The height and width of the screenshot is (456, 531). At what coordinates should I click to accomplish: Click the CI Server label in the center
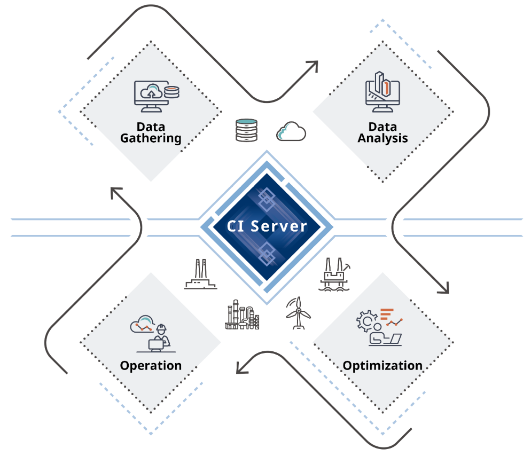point(267,225)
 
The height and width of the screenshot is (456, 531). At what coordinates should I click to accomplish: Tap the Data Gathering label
point(151,132)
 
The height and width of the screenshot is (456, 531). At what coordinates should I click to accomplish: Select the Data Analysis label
point(382,132)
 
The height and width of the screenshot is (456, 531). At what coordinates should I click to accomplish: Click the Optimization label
point(382,366)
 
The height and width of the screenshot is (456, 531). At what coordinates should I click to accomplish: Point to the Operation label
point(151,366)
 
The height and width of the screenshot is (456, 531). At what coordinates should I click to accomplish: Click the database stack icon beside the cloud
point(246,131)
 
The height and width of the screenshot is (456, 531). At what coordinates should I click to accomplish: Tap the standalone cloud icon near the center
point(291,131)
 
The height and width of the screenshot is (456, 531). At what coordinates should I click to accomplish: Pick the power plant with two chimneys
point(200,274)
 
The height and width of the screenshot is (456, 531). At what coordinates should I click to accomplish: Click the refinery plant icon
point(242,315)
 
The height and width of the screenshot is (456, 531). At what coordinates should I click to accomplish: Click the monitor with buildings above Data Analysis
point(382,92)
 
